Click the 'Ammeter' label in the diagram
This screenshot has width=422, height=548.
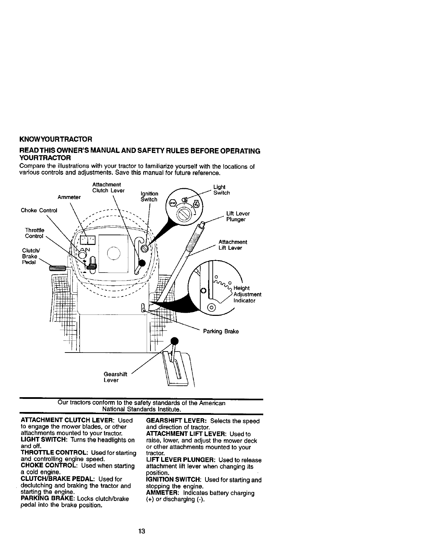point(69,197)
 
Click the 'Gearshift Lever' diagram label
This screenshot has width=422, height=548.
point(115,377)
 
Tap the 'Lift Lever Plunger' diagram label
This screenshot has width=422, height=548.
point(238,217)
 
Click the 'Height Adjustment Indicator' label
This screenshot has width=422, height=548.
point(247,294)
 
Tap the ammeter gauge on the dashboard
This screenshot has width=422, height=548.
point(88,240)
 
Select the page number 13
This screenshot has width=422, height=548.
point(141,531)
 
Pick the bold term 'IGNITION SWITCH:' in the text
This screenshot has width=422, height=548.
point(174,480)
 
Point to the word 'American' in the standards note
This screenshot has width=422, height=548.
point(214,403)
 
